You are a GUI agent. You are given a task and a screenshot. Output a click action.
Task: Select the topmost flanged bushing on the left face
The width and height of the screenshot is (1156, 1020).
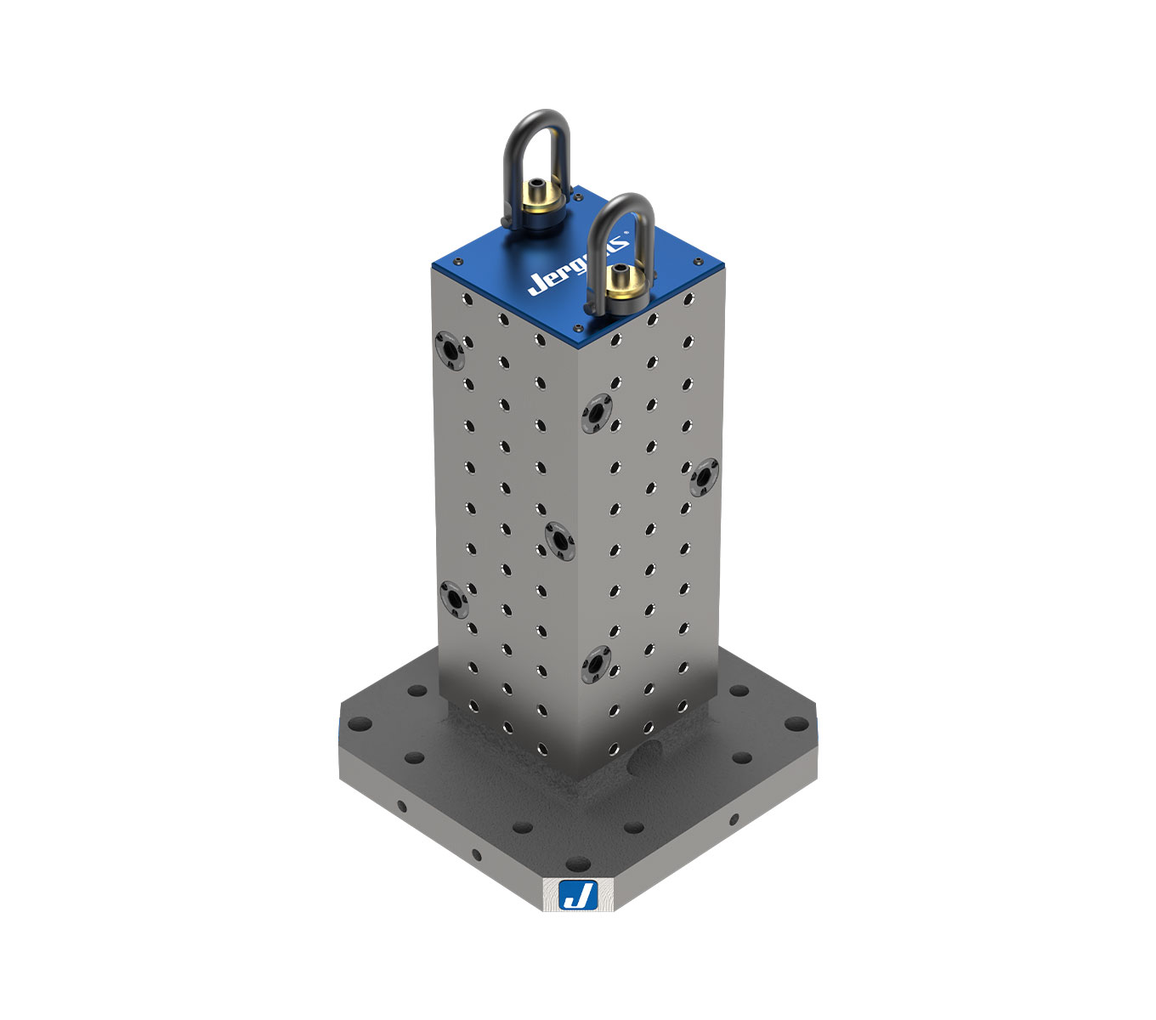pyautogui.click(x=448, y=348)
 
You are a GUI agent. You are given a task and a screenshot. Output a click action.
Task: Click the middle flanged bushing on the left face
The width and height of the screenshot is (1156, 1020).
pyautogui.click(x=558, y=540)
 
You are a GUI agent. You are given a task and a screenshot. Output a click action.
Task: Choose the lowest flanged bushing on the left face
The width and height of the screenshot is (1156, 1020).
pyautogui.click(x=456, y=600)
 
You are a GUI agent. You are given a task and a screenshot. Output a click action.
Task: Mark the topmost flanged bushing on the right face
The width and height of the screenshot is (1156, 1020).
pyautogui.click(x=597, y=413)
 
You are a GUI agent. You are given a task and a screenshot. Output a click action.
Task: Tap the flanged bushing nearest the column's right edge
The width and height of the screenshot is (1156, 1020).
pyautogui.click(x=704, y=477)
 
